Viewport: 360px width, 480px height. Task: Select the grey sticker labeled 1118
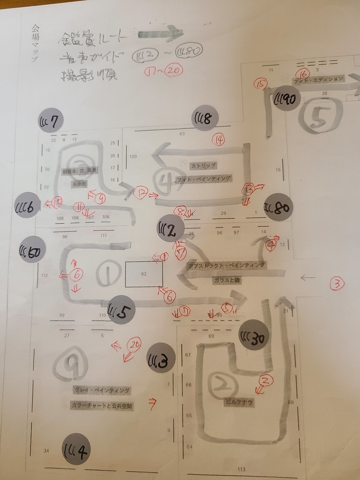(x=204, y=118)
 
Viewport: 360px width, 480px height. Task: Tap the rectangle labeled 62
(x=144, y=274)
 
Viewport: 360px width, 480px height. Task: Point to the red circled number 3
(x=337, y=284)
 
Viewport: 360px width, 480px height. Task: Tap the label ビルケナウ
(x=239, y=403)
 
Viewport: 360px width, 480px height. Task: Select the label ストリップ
(x=204, y=165)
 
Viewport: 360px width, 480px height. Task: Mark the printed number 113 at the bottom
(x=241, y=469)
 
